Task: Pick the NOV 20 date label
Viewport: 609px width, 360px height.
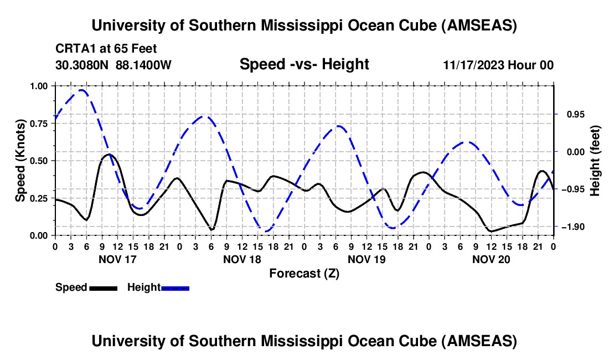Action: click(x=492, y=259)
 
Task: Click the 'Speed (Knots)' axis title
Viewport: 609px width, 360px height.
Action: click(x=20, y=160)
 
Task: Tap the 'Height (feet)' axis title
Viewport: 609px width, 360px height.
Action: click(x=595, y=161)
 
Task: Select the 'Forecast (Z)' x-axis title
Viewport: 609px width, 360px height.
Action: click(x=304, y=273)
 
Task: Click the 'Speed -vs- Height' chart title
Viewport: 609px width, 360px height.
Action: click(x=304, y=65)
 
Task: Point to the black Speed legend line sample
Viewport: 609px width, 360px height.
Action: click(x=102, y=288)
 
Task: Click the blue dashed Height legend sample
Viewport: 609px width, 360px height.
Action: click(x=175, y=288)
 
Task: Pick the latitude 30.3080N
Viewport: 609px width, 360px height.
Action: click(x=82, y=65)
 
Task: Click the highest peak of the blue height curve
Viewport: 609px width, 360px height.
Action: click(x=82, y=90)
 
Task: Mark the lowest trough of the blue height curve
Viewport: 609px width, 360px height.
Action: click(x=266, y=231)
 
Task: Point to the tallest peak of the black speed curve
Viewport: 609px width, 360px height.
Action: click(x=109, y=154)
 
